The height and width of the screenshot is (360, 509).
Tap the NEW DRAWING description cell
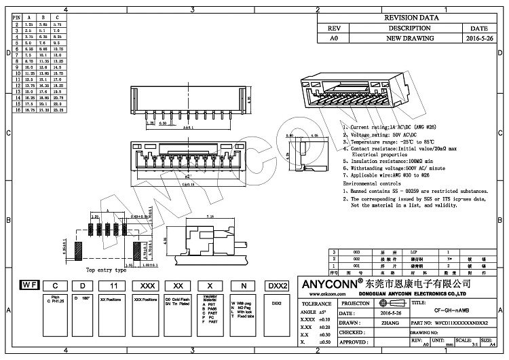(409, 39)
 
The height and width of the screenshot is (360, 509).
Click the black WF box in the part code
(29, 286)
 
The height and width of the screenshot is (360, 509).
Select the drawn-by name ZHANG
(389, 323)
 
